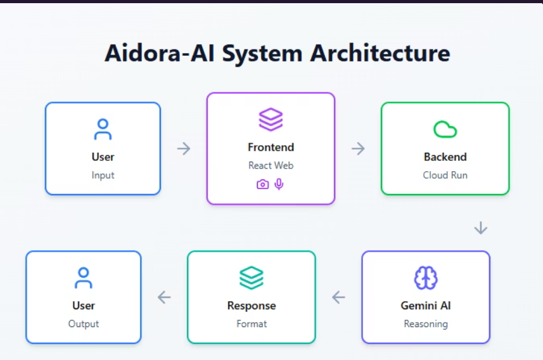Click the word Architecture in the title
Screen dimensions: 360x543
point(380,53)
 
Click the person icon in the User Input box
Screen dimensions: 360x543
point(103,129)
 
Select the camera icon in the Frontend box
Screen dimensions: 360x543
point(262,184)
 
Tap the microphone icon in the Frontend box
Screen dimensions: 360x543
point(279,184)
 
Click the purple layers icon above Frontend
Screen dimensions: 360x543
point(271,120)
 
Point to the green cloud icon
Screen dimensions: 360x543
point(445,129)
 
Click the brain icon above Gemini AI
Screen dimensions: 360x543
point(426,278)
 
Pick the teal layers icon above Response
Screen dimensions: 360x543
point(252,278)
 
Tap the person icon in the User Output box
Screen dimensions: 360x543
point(84,278)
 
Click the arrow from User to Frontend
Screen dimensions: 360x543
point(184,148)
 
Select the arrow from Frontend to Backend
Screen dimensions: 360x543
point(358,148)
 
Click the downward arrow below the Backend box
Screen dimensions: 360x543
point(481,228)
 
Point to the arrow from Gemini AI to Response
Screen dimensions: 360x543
point(339,297)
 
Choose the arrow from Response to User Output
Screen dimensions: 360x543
point(164,297)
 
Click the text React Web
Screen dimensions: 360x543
point(271,165)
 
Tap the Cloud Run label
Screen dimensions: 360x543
point(445,175)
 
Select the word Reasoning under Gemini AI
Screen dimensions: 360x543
point(426,324)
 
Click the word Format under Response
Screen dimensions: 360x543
point(252,324)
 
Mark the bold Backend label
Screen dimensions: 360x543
point(445,157)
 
